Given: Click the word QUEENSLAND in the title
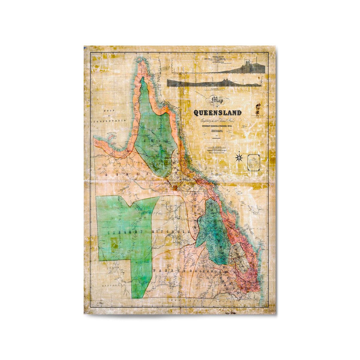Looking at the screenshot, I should coord(217,113).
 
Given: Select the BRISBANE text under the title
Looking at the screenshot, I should coord(217,131).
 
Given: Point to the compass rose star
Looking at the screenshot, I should coord(239,157).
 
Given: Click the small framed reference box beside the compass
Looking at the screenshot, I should coord(253,163).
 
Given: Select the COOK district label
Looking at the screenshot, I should coord(152,140).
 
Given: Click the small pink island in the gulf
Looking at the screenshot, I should coord(112,136).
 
